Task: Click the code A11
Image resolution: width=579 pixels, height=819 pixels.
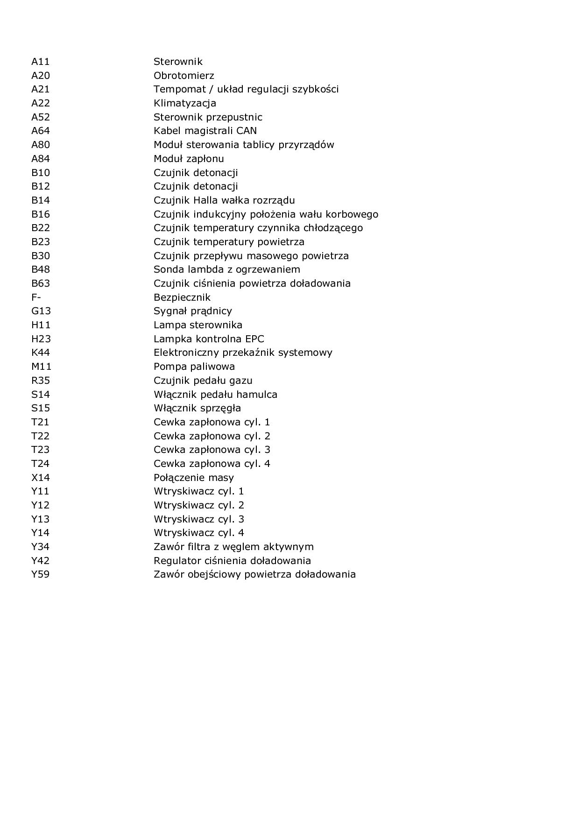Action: pos(40,62)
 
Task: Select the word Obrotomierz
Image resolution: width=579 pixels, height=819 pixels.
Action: pos(184,76)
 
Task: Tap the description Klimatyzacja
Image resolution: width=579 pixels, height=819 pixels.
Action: pos(185,103)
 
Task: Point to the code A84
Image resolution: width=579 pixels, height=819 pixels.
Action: pos(40,159)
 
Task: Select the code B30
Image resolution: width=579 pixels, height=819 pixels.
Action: pos(40,256)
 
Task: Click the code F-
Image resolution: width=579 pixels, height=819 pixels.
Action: pos(36,297)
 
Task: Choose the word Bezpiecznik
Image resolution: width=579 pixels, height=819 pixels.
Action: pos(182,297)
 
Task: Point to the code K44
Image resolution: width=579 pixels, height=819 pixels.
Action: pos(40,353)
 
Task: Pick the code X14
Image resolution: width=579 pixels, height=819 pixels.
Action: pos(40,478)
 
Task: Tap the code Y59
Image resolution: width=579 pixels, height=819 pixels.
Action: pos(40,574)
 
